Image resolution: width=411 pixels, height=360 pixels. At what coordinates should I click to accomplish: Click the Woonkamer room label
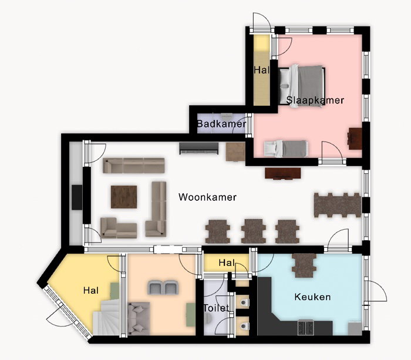(207, 197)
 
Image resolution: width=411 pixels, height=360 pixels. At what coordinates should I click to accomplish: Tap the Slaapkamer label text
(315, 100)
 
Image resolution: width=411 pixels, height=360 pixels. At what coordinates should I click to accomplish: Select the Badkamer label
(221, 124)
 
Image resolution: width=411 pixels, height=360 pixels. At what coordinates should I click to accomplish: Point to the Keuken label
(312, 297)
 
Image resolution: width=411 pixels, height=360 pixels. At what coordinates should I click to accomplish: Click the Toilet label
(216, 308)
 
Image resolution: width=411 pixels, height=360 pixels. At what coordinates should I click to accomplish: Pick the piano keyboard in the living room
(199, 149)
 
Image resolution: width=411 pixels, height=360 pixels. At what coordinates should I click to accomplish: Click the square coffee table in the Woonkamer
(124, 197)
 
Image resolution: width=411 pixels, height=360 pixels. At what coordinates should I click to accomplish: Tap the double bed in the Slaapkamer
(302, 86)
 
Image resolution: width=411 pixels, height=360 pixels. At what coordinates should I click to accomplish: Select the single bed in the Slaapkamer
(286, 149)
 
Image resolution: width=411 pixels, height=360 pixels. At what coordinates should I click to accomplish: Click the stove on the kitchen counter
(306, 328)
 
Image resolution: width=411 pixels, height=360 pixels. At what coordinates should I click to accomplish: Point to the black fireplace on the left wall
(77, 197)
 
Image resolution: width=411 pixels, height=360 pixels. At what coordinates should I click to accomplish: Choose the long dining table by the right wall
(338, 205)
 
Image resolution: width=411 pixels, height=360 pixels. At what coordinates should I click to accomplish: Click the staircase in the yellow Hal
(106, 317)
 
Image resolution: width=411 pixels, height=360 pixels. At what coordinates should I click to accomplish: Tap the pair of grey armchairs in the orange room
(163, 287)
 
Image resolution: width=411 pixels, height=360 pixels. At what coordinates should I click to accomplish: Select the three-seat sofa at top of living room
(134, 166)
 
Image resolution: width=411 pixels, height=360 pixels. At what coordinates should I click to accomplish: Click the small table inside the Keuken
(304, 265)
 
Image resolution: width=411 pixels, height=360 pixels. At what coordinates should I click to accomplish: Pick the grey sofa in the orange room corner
(139, 318)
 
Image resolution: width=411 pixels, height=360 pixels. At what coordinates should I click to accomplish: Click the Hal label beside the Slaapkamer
(262, 70)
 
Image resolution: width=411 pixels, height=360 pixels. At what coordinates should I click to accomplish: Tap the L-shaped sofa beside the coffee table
(156, 209)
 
